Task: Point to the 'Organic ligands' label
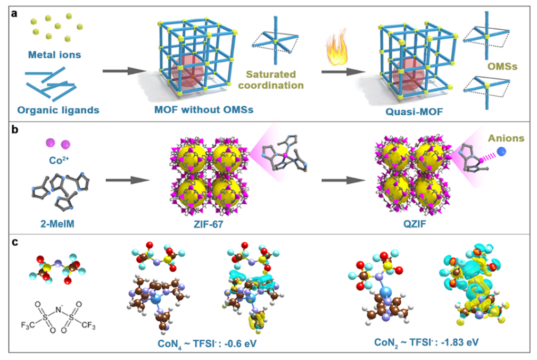(x=55, y=110)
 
